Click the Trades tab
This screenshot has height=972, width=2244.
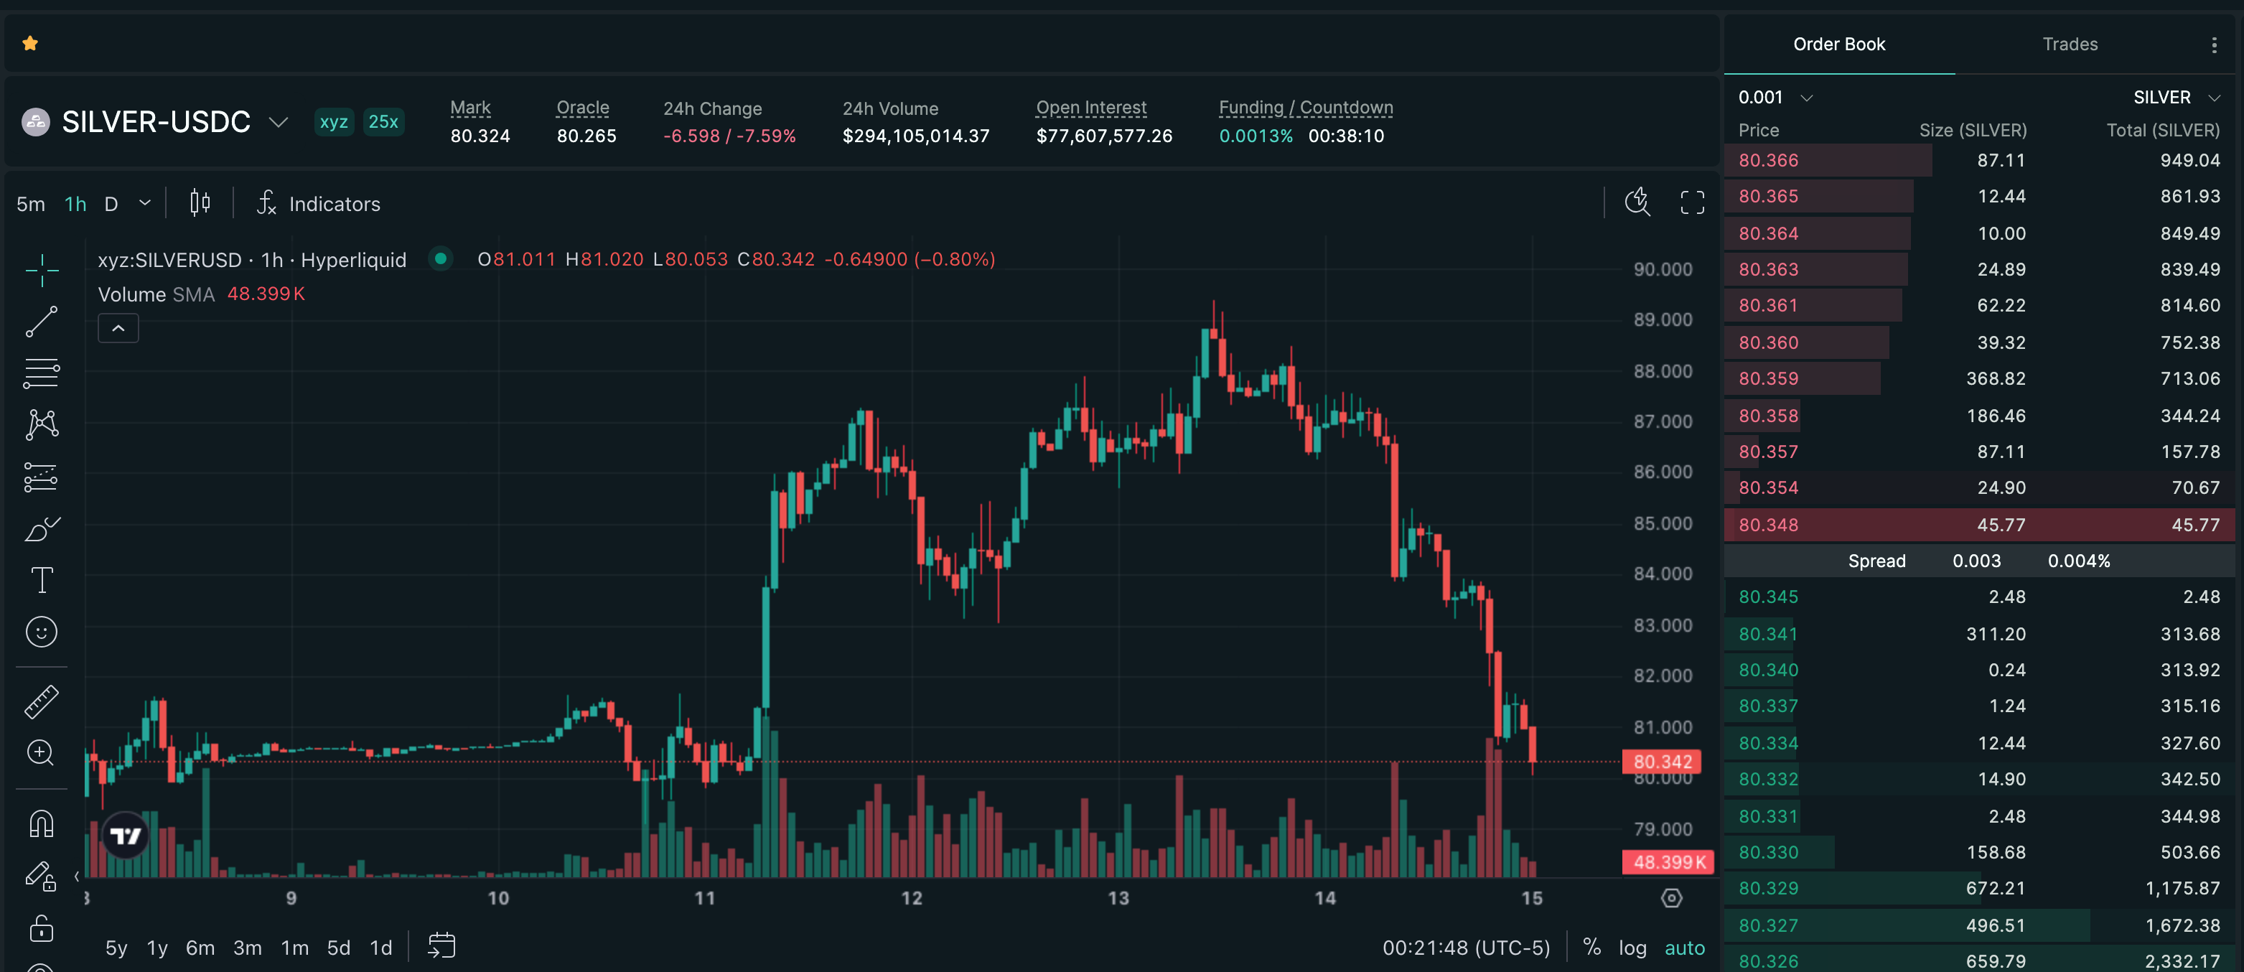coord(2070,45)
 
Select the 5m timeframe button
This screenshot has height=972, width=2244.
coord(30,204)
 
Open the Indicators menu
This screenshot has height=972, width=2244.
coord(319,204)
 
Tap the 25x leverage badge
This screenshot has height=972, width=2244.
coord(383,122)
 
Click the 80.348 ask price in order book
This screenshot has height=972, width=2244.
coord(1768,524)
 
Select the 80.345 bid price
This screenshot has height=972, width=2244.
coord(1768,597)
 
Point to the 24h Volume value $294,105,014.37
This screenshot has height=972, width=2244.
coord(915,136)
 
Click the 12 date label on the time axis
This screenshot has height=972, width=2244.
coord(911,898)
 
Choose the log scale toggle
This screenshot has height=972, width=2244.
coord(1632,948)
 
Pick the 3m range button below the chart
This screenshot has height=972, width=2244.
coord(248,948)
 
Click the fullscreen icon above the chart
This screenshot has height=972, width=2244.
coord(1692,203)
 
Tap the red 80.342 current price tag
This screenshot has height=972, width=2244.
coord(1662,762)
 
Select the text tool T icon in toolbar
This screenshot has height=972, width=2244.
coord(42,580)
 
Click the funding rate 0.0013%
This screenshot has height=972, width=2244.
coord(1256,136)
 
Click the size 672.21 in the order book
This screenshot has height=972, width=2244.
coord(1996,889)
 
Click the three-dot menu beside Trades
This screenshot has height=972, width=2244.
coord(2214,45)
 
